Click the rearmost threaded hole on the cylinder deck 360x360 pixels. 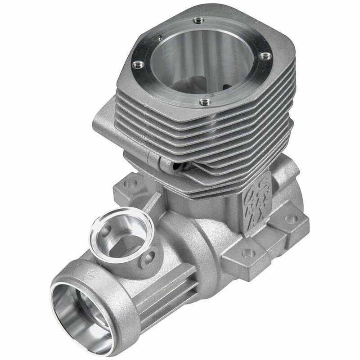pyautogui.click(x=197, y=20)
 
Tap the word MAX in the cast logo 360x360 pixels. pyautogui.click(x=263, y=197)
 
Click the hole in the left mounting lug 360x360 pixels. pyautogui.click(x=131, y=184)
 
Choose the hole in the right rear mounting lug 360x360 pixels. pyautogui.click(x=291, y=219)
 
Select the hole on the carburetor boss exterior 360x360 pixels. pyautogui.click(x=148, y=258)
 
